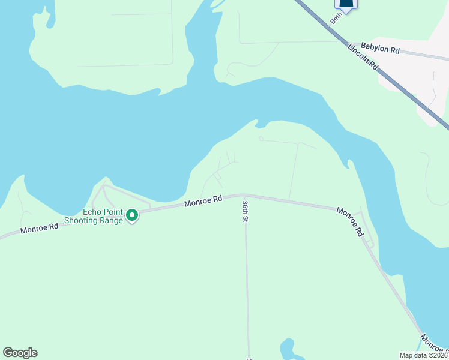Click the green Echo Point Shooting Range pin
pos(131,215)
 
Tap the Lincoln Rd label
pos(363,57)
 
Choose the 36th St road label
pos(245,211)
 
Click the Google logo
pos(20,353)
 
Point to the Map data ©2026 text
pos(424,355)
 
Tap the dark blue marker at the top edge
pos(346,4)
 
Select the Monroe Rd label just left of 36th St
pos(203,200)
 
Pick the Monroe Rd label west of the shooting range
pos(39,227)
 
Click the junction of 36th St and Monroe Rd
pos(243,194)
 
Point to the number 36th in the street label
pos(245,206)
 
